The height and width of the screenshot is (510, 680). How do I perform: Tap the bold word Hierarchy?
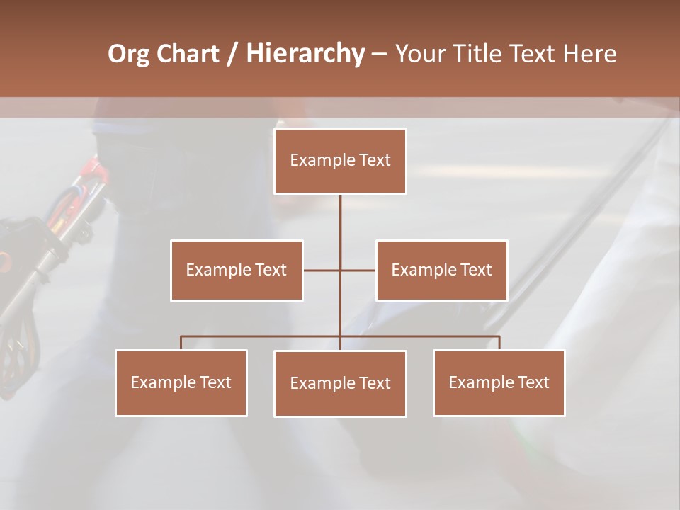305,54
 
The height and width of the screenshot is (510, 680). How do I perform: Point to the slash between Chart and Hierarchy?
232,54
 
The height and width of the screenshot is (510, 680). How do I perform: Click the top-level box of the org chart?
340,161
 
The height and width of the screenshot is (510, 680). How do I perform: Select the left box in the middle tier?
237,270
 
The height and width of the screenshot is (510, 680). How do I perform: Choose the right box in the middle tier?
442,270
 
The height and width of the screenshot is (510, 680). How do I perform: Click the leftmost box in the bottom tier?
181,382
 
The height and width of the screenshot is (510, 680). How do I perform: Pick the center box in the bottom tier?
340,383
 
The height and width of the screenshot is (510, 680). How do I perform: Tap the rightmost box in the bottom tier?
499,382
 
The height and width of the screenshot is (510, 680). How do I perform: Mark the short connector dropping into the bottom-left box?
181,343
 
